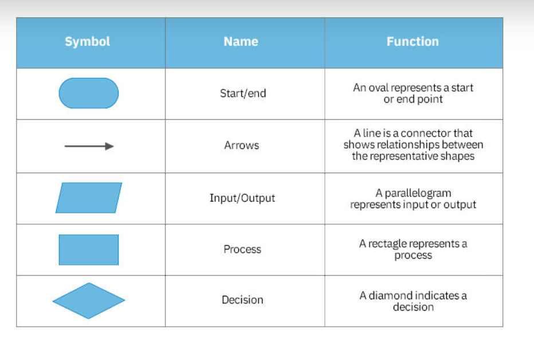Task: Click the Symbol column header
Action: coord(88,41)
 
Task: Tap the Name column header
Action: coord(241,41)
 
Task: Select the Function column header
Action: coord(413,41)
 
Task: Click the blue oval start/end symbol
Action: coord(89,93)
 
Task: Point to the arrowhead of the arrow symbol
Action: coord(109,146)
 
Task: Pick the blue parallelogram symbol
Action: coord(89,198)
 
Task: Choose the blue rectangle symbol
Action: coord(89,250)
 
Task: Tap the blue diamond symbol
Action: coord(89,301)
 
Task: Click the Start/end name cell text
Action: coord(243,93)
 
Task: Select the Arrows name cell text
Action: coord(241,146)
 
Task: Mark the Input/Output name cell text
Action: coord(242,198)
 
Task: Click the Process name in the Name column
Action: coord(242,249)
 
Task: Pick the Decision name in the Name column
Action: coord(242,300)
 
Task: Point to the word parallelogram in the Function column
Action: coord(418,193)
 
